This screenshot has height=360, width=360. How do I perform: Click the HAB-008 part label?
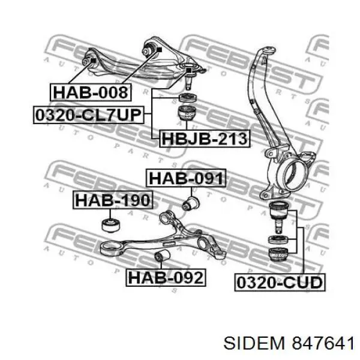91,92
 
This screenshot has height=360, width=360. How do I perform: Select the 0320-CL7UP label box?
89,115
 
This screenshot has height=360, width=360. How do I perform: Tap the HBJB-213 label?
205,139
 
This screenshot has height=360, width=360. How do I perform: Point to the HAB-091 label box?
186,178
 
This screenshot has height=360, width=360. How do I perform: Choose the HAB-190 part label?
113,200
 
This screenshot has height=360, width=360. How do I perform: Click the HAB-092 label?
166,278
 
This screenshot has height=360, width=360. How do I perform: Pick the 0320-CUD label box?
280,283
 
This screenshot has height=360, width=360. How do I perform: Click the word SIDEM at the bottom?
254,343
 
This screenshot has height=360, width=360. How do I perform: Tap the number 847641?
323,343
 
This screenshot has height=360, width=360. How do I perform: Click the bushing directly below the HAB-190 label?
110,226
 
